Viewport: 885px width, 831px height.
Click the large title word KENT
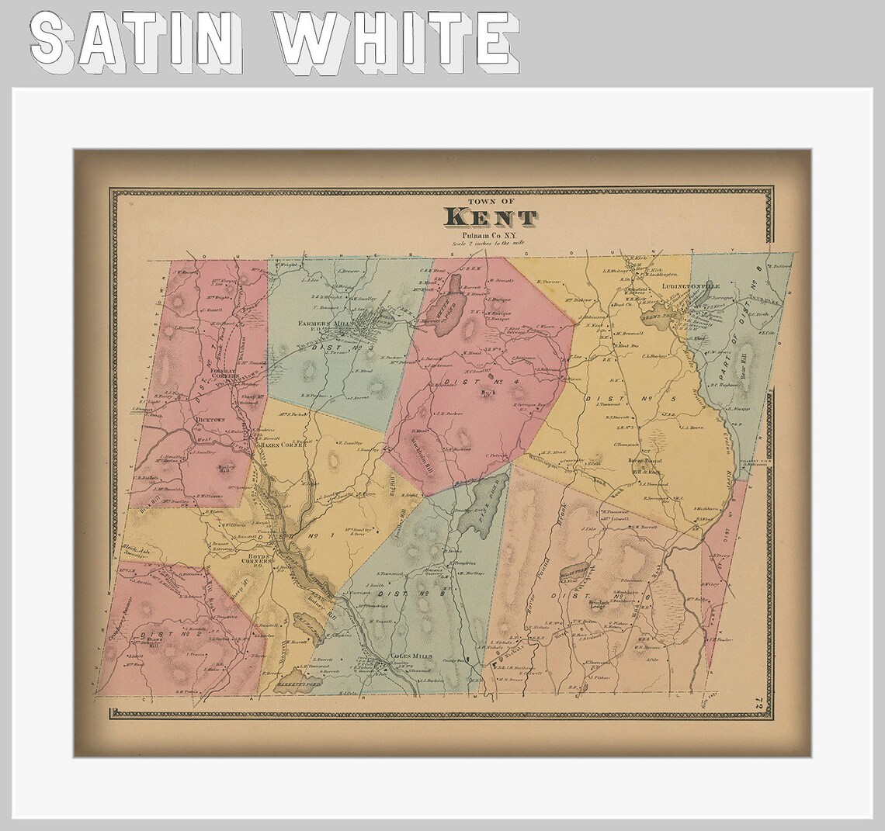tap(489, 218)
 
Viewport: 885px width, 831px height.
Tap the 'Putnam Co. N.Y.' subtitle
tap(489, 235)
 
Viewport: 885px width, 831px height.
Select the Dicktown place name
tap(210, 420)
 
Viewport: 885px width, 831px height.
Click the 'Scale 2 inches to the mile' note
tap(489, 244)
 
